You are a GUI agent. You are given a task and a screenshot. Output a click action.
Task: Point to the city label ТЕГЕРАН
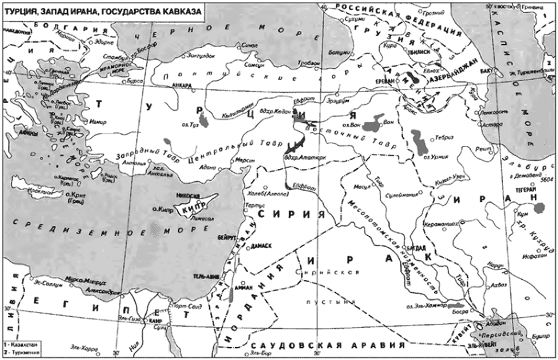coord(525,191)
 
